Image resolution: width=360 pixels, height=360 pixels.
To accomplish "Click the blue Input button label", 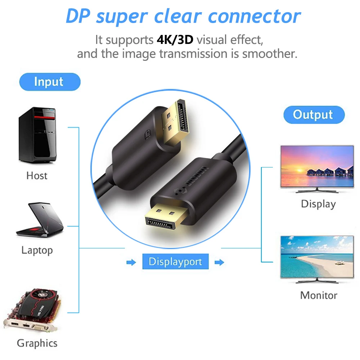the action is [49, 82].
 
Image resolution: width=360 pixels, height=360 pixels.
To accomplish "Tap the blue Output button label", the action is [314, 115].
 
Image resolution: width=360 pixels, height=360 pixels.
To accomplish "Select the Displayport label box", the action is [175, 262].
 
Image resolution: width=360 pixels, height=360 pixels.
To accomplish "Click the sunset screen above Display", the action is [316, 166].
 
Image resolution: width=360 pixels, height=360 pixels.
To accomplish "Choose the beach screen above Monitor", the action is [316, 256].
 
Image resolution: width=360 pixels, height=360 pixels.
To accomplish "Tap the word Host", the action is [37, 176].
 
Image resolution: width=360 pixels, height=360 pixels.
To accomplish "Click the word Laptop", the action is [37, 250].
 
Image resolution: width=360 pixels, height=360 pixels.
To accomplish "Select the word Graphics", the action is [37, 343].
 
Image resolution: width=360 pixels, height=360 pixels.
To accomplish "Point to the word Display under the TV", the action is [318, 204].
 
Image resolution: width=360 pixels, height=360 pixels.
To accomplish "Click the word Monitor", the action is [319, 296].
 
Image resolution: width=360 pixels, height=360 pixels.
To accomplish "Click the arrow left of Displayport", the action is [131, 262].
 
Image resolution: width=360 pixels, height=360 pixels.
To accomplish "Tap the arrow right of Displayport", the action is [219, 262].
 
